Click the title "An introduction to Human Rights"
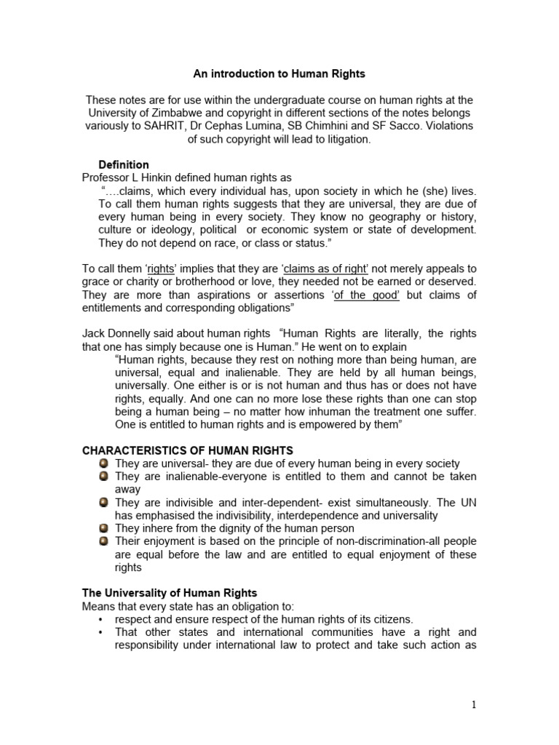279,73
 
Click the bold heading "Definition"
124,164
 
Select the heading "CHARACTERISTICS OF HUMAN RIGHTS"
188,450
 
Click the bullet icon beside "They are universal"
105,463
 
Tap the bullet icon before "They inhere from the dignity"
105,528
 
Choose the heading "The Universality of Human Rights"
170,593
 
